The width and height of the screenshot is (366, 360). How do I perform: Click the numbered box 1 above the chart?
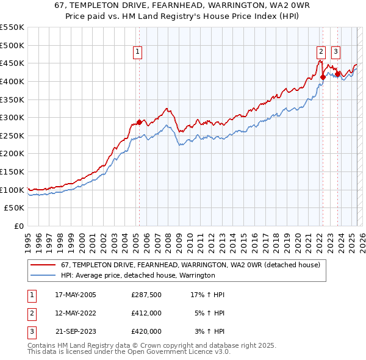pyautogui.click(x=138, y=52)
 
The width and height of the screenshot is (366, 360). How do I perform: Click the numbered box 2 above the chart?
pyautogui.click(x=321, y=52)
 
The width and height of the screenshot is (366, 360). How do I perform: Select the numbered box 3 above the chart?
pyautogui.click(x=336, y=52)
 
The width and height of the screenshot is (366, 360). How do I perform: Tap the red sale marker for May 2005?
pyautogui.click(x=139, y=122)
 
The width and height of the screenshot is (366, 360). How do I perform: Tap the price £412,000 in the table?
pyautogui.click(x=146, y=313)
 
